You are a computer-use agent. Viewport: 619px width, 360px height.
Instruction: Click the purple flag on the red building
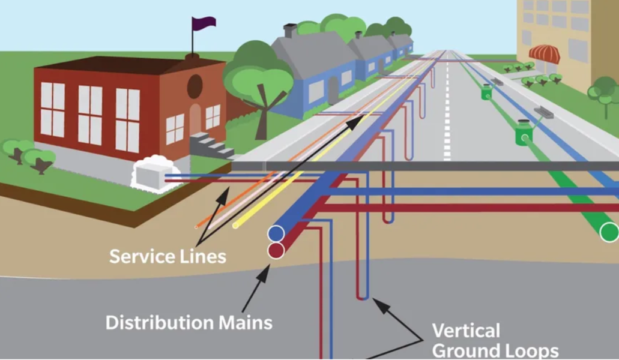coord(204,23)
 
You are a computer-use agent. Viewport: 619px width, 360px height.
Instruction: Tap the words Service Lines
coord(168,257)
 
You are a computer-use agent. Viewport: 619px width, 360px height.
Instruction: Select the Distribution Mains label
coord(189,322)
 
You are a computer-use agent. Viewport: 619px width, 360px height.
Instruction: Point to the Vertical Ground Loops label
coord(495,340)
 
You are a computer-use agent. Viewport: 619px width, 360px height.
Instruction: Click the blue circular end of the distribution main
coord(276,233)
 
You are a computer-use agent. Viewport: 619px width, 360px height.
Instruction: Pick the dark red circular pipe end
coord(276,250)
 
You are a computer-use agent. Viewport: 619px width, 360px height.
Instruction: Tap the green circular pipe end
coord(609,232)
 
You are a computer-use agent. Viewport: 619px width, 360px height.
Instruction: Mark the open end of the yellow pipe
coord(235,226)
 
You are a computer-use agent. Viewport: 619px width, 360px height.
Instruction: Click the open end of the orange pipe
coord(196,227)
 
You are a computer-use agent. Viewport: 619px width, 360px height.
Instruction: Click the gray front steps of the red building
coord(207,145)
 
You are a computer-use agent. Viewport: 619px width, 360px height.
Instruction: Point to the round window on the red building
coord(195,86)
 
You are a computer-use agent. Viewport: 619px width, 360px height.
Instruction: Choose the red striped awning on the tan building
coord(544,54)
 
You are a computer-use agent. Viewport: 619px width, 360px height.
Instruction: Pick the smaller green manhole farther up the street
coord(486,92)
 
